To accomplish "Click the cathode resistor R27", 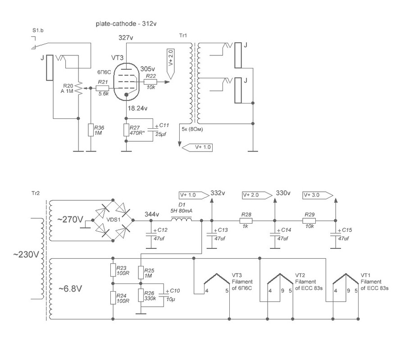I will [127, 130].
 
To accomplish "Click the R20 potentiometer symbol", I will [78, 89].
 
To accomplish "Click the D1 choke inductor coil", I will [181, 220].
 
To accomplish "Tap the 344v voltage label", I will [152, 214].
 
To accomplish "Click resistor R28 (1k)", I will [246, 221].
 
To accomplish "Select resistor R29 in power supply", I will [309, 221].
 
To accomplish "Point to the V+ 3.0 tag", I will [317, 195].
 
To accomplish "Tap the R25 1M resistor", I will [141, 272].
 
